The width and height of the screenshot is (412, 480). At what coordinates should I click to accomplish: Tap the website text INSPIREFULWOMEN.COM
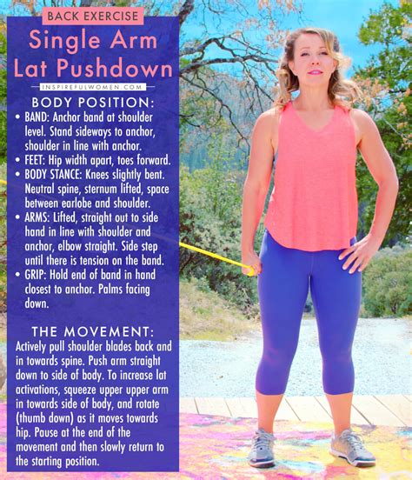pyautogui.click(x=92, y=86)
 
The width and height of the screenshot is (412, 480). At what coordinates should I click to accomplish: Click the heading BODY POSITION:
pyautogui.click(x=92, y=103)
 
